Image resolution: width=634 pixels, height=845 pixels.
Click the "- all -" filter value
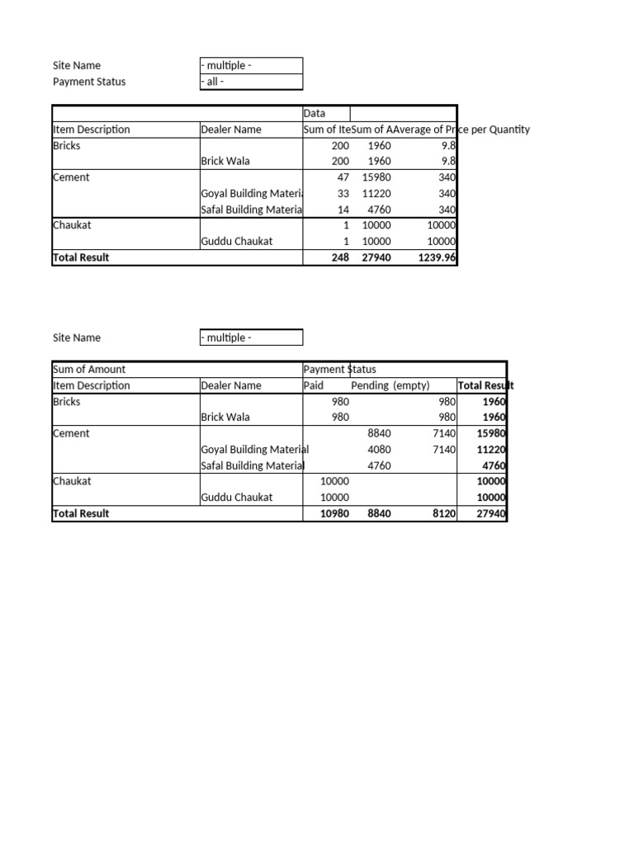[213, 82]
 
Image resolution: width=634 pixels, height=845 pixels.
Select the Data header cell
[315, 113]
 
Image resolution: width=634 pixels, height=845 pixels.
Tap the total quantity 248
[339, 257]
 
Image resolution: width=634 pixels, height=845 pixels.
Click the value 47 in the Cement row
[343, 177]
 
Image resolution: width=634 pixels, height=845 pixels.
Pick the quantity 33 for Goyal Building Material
[343, 193]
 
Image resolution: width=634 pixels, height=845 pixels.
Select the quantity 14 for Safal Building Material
[343, 210]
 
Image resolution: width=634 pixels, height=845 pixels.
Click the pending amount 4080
[379, 450]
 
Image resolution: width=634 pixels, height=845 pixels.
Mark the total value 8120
[442, 513]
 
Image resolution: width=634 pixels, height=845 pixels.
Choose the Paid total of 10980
[335, 513]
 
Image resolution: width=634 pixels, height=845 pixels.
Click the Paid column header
[314, 385]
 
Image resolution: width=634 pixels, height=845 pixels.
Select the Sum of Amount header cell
[89, 369]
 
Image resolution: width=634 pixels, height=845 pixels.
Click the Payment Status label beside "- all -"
[89, 82]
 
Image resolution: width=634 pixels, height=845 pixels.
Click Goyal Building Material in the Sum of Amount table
[255, 450]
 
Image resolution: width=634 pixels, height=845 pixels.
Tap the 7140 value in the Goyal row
[443, 450]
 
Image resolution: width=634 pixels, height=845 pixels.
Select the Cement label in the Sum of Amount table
[71, 433]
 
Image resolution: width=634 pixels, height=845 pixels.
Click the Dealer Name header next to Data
[231, 130]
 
